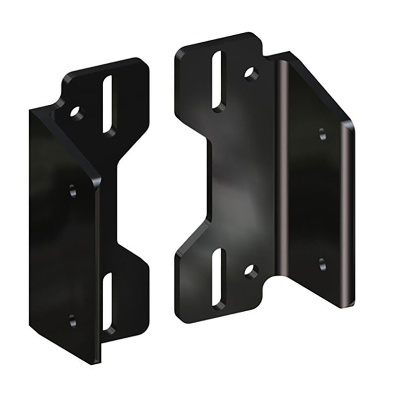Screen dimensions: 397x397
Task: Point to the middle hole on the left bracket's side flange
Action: (73, 190)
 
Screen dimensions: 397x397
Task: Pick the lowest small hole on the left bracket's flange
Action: (73, 320)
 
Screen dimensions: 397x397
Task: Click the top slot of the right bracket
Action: (218, 79)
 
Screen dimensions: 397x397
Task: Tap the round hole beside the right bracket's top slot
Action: (251, 73)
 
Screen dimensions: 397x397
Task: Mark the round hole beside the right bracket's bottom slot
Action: (251, 271)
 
